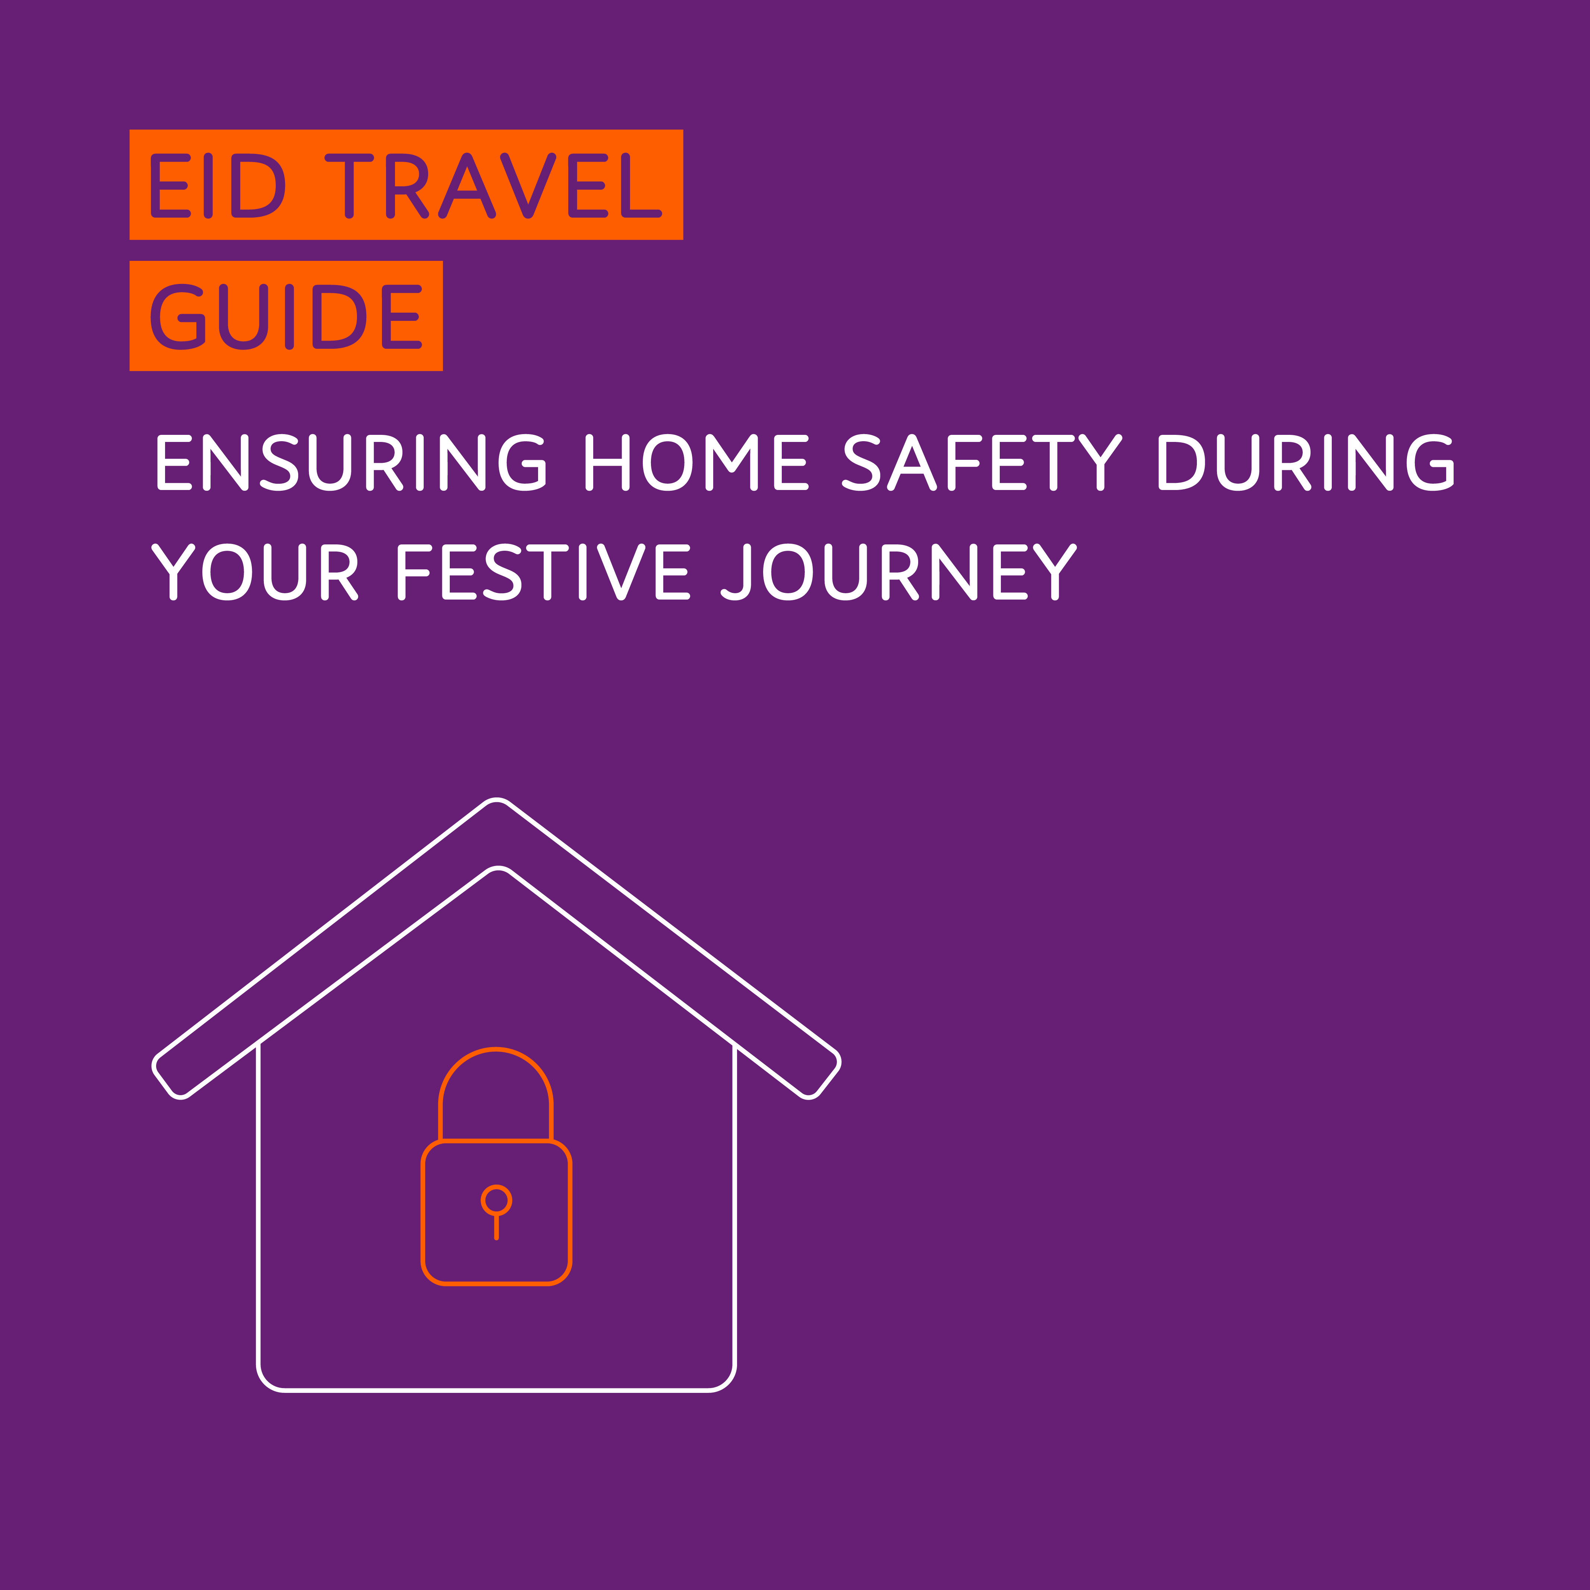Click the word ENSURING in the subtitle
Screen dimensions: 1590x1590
[x=351, y=462]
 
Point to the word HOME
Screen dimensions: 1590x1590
[x=697, y=462]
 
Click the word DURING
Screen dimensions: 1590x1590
[x=1306, y=462]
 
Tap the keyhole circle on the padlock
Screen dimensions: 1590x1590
[x=496, y=1200]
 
